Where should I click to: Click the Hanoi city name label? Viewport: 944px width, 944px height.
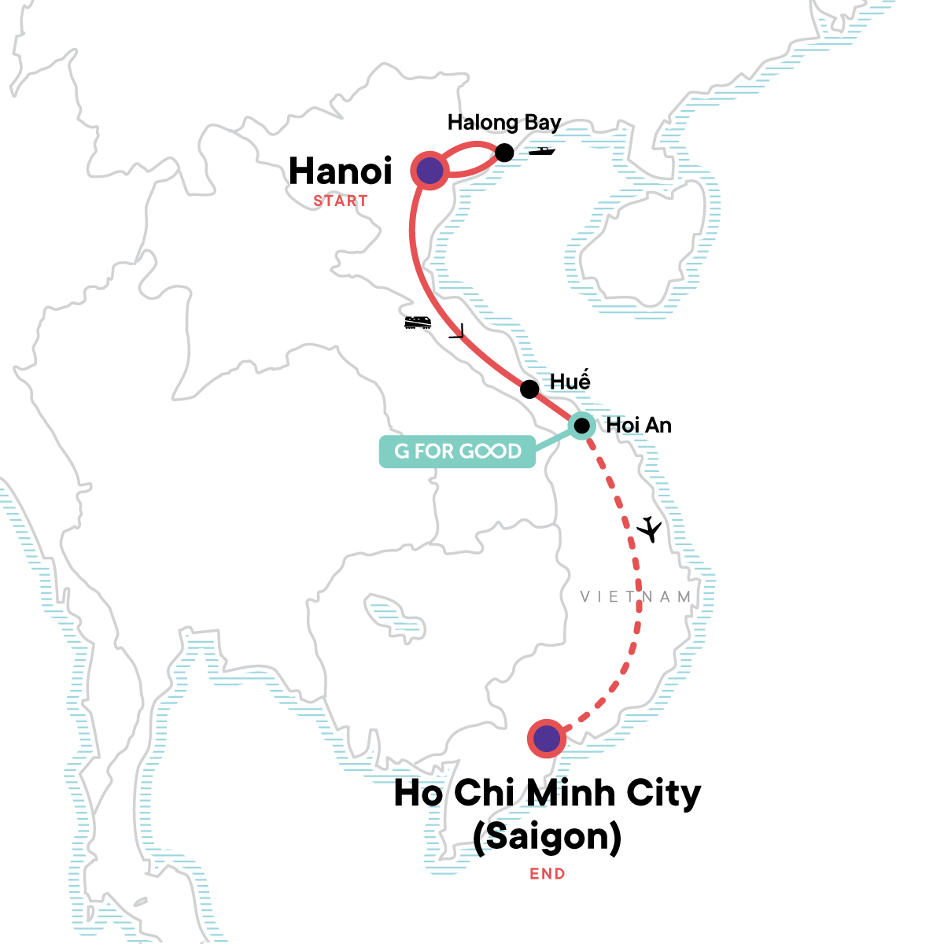(x=340, y=171)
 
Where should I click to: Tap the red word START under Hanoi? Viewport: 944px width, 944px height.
(x=340, y=201)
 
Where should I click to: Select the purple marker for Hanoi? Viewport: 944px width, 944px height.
(x=429, y=171)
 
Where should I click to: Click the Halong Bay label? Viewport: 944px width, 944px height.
(x=503, y=123)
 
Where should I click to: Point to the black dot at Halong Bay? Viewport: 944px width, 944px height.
(x=504, y=153)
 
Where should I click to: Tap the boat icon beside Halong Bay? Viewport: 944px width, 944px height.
(x=542, y=150)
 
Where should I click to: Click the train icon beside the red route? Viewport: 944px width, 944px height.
(x=418, y=322)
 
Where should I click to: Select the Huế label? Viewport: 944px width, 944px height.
(x=570, y=382)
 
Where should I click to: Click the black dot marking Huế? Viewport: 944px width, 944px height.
(x=529, y=389)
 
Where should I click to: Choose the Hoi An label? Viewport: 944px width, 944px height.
(x=638, y=426)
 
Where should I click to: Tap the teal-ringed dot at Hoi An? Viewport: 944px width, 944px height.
(x=581, y=426)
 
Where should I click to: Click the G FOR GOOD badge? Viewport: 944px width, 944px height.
(x=457, y=452)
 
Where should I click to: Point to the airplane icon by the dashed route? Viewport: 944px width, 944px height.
(x=649, y=529)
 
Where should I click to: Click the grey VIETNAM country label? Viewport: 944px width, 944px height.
(x=636, y=597)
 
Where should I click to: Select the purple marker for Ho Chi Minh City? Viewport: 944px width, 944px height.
(x=547, y=739)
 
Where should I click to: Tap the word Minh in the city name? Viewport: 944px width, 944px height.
(x=571, y=793)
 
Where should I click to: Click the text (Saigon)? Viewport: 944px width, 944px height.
(x=547, y=836)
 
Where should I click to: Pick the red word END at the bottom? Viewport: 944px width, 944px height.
(x=547, y=873)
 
